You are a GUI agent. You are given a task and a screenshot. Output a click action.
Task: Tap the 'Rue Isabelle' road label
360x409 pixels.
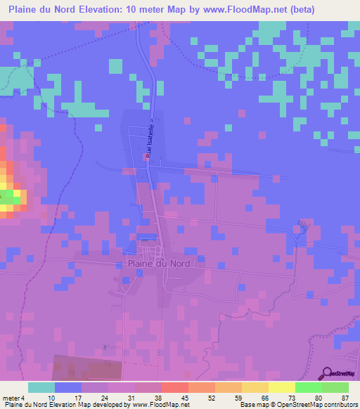(148, 146)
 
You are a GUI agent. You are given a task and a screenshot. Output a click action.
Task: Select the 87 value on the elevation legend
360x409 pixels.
(344, 397)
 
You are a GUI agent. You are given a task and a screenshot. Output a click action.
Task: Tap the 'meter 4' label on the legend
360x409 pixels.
(13, 397)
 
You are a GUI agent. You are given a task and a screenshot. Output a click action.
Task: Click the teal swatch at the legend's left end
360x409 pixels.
(41, 387)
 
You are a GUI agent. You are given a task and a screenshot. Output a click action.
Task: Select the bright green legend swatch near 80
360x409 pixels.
(309, 387)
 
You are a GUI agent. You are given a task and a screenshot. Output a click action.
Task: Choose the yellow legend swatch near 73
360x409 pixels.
(282, 387)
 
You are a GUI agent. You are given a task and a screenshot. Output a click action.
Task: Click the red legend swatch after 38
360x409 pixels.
(175, 387)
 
